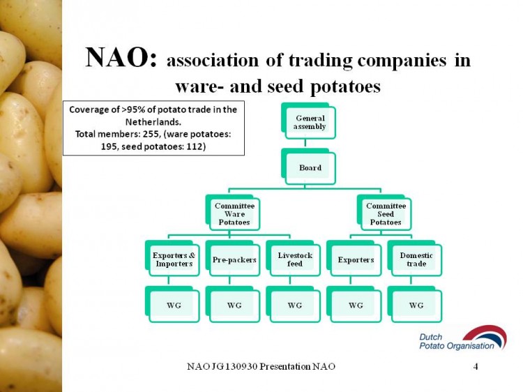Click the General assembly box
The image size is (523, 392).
click(x=308, y=121)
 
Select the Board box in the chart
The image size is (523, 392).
click(x=308, y=167)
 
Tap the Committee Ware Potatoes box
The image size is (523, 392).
click(x=233, y=213)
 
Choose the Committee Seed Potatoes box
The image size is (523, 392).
click(x=384, y=213)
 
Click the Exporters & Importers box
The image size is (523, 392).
click(x=172, y=258)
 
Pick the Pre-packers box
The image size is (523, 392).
click(x=233, y=258)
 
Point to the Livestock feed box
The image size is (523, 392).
click(x=293, y=258)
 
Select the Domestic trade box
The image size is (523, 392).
click(x=415, y=258)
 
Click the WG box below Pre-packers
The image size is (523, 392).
click(x=233, y=304)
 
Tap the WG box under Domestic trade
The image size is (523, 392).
click(x=415, y=304)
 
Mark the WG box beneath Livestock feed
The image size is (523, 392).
click(x=293, y=304)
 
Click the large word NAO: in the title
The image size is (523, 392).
click(x=121, y=57)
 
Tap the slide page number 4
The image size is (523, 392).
click(x=476, y=367)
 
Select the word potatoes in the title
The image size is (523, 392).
click(x=345, y=86)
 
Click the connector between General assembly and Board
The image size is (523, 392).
click(x=305, y=144)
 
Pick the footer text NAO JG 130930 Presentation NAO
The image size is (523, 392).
click(x=261, y=367)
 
